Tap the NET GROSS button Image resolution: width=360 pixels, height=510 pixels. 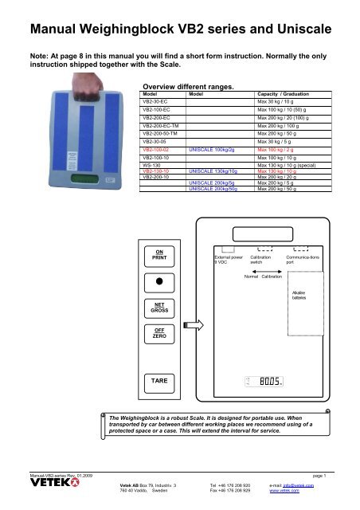[x=158, y=308]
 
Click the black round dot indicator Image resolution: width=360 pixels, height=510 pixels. [x=158, y=282]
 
